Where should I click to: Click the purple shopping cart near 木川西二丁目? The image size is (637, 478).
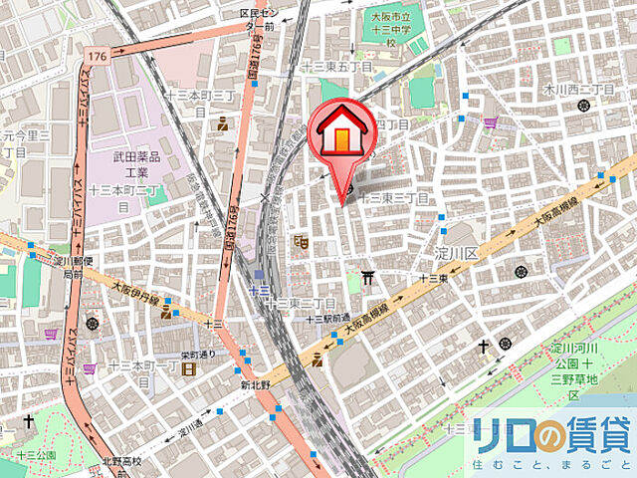(491, 123)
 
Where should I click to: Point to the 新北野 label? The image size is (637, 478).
(256, 384)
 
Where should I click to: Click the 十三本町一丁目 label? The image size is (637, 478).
(141, 365)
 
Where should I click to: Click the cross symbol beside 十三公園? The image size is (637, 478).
(30, 422)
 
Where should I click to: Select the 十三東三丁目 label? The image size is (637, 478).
(397, 199)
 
